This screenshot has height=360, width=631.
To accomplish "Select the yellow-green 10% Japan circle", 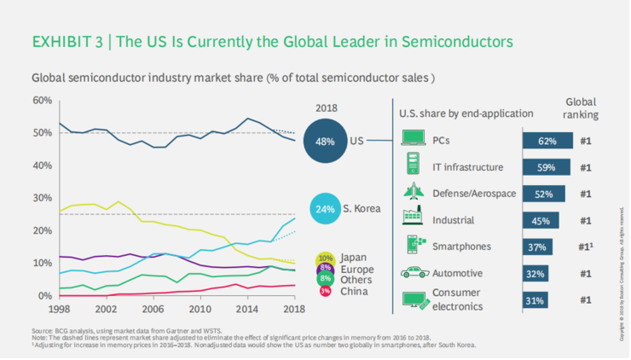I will pyautogui.click(x=324, y=257).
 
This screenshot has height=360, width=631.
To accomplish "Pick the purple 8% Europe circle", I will pyautogui.click(x=324, y=268).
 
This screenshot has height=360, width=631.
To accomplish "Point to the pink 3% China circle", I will pyautogui.click(x=324, y=292).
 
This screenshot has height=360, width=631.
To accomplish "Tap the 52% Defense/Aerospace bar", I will pyautogui.click(x=545, y=194).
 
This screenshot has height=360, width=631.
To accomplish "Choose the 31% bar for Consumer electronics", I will pyautogui.click(x=536, y=300).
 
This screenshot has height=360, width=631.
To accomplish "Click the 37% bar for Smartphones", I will pyautogui.click(x=539, y=247).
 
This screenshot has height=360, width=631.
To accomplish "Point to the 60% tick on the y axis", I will pyautogui.click(x=43, y=101).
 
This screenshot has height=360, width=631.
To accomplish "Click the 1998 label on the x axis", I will pyautogui.click(x=59, y=307).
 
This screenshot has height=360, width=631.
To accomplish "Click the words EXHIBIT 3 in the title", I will pyautogui.click(x=66, y=42).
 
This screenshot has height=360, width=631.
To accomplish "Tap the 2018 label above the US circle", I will pyautogui.click(x=326, y=109).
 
